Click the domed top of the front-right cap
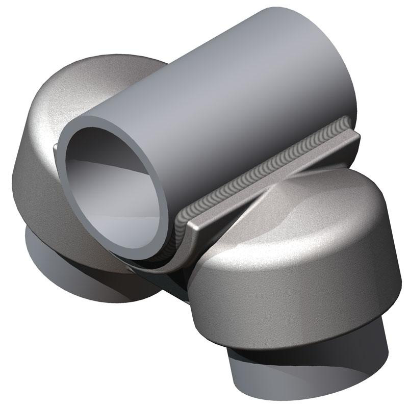pos(316,214)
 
